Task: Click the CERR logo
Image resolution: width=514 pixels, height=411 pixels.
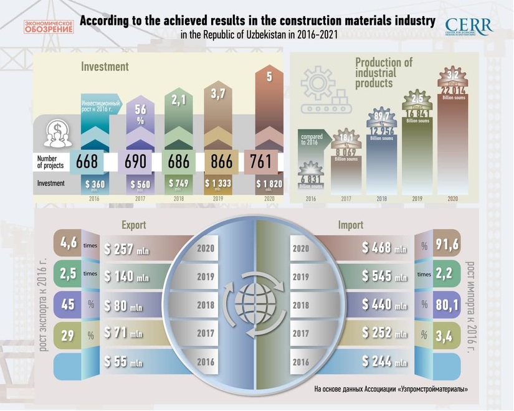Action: pos(469,26)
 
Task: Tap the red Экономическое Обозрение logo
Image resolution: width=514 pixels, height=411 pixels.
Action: pos(49,27)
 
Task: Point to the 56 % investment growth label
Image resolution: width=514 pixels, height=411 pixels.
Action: pos(140,114)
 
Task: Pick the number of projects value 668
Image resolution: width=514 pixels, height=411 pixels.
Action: pos(87,162)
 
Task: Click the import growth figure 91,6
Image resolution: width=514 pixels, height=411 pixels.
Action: pos(447,245)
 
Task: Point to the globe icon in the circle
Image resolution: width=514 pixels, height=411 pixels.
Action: pos(255,305)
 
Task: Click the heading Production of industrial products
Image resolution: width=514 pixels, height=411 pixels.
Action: pos(384,72)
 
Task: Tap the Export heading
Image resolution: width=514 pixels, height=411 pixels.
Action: pos(134,224)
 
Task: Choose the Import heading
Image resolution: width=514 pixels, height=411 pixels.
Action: pos(350,224)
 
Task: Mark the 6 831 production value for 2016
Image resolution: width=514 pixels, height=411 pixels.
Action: pos(315,179)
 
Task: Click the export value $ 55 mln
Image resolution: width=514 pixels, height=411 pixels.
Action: pos(125,361)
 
